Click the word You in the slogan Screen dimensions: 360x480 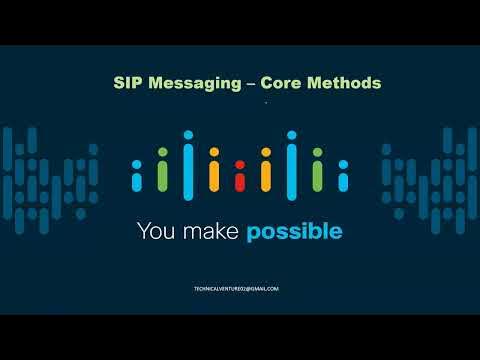pos(157,232)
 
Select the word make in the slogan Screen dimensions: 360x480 pos(213,232)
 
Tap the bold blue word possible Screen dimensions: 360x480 pos(295,233)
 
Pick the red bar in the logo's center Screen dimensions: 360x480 pos(239,181)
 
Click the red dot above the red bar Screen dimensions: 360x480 pos(239,163)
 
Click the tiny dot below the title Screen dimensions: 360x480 pos(265,103)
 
